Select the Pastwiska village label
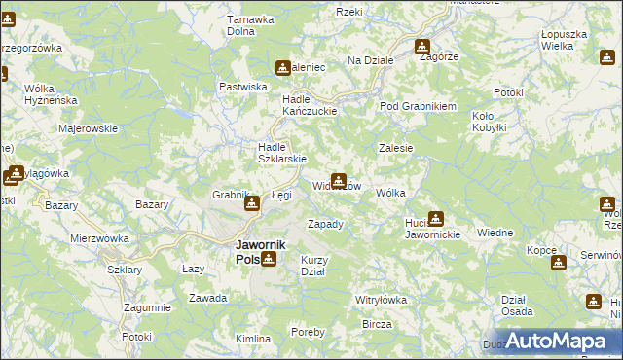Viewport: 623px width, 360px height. pos(243,87)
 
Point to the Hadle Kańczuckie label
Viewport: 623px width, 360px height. pos(309,105)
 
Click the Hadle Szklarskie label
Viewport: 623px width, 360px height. pos(281,154)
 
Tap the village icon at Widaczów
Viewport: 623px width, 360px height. pos(338,180)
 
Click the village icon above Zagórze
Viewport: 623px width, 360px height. pos(422,46)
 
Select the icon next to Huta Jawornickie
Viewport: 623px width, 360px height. pos(436,219)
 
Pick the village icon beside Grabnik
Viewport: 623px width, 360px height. pos(252,202)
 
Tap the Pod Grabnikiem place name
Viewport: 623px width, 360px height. pos(418,106)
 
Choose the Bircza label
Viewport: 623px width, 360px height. pos(376,323)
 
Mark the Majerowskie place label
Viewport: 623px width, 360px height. pos(88,127)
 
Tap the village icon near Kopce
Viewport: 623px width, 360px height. pos(558,263)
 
